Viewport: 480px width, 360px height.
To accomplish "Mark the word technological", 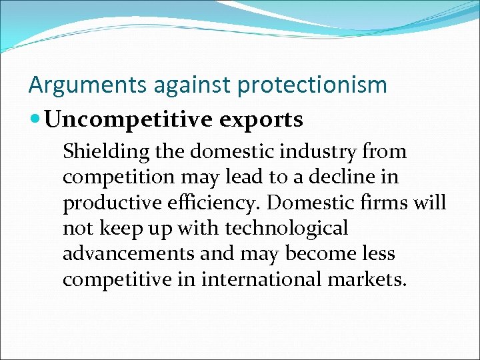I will (x=287, y=229).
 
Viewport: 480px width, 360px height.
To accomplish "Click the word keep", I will (x=120, y=229).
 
